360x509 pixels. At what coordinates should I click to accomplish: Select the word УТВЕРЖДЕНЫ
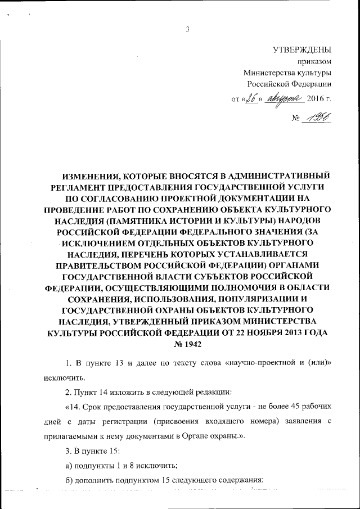coord(302,49)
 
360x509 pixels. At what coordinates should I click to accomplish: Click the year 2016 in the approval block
coord(316,99)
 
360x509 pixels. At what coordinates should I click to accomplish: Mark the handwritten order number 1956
coord(317,116)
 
